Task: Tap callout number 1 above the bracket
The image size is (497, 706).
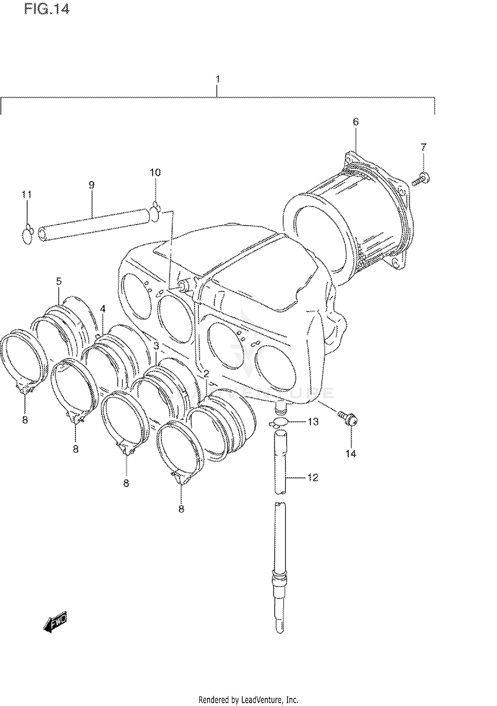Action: point(217,79)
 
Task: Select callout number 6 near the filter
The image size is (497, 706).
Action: point(355,122)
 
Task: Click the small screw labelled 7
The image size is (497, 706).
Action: point(421,179)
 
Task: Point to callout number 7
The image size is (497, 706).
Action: point(423,147)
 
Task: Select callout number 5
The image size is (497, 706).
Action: point(59,282)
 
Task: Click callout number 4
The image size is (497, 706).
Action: point(103,309)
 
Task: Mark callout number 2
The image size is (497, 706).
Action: point(206,374)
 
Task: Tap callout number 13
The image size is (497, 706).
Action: point(313,422)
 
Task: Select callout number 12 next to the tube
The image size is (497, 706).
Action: point(313,477)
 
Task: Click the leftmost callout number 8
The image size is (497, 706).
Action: point(25,420)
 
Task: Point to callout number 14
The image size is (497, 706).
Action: point(351,454)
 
